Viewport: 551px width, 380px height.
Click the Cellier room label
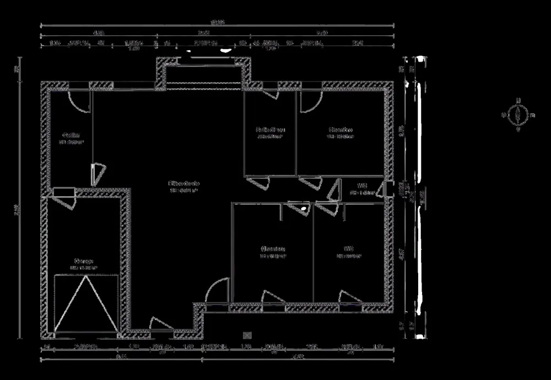click(71, 135)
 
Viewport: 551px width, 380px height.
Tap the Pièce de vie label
click(185, 184)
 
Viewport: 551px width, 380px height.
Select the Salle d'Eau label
click(270, 130)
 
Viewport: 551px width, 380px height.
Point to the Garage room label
click(84, 261)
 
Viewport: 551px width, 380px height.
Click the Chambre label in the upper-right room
click(340, 130)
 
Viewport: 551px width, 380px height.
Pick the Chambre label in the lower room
click(273, 248)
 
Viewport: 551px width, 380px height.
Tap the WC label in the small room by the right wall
click(362, 186)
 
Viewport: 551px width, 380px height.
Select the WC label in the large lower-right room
click(348, 248)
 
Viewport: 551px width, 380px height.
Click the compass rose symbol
click(518, 115)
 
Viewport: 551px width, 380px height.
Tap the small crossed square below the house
click(246, 334)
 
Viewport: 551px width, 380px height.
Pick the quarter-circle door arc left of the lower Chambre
click(217, 290)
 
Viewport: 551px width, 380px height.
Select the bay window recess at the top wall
click(204, 72)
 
